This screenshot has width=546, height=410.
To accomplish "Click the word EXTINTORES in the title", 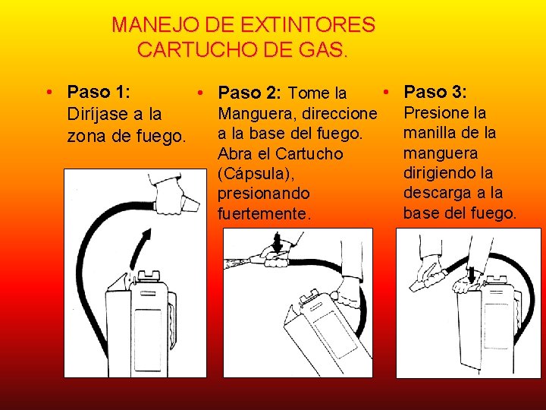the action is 308,25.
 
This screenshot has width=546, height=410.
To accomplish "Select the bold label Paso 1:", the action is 99,92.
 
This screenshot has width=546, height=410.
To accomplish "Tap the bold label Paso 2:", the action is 249,93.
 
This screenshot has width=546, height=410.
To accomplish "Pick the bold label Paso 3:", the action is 435,92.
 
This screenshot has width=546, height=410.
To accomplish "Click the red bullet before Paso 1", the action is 49,93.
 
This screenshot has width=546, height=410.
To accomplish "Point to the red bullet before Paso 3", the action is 386,93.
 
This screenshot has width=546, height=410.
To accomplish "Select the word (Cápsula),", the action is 256,174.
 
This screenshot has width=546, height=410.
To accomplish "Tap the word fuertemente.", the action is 264,213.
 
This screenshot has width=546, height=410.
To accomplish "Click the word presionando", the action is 264,194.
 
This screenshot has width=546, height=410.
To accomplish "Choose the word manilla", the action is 426,133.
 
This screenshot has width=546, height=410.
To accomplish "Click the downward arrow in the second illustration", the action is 278,242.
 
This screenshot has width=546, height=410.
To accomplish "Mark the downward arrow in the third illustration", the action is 471,274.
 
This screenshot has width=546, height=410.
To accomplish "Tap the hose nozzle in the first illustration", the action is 190,205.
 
